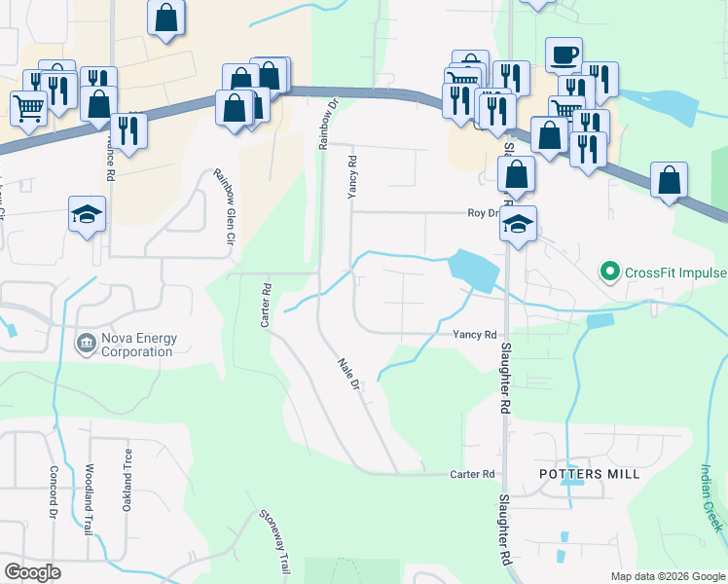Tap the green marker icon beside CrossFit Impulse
coord(610,270)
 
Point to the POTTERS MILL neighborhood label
coord(590,474)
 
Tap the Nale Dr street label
coord(349,375)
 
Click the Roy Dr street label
coord(483,212)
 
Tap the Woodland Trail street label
coord(90,496)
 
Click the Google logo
coord(32,572)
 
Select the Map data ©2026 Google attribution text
coord(667,576)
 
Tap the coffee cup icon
coord(564,55)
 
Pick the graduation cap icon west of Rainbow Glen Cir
coord(87,214)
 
